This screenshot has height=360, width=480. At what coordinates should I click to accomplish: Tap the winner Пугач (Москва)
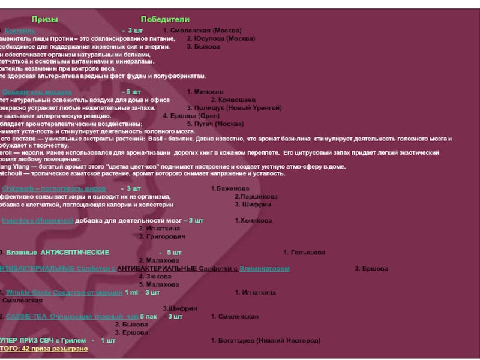click(x=215, y=123)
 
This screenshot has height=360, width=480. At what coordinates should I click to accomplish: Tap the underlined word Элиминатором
click(x=265, y=268)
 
